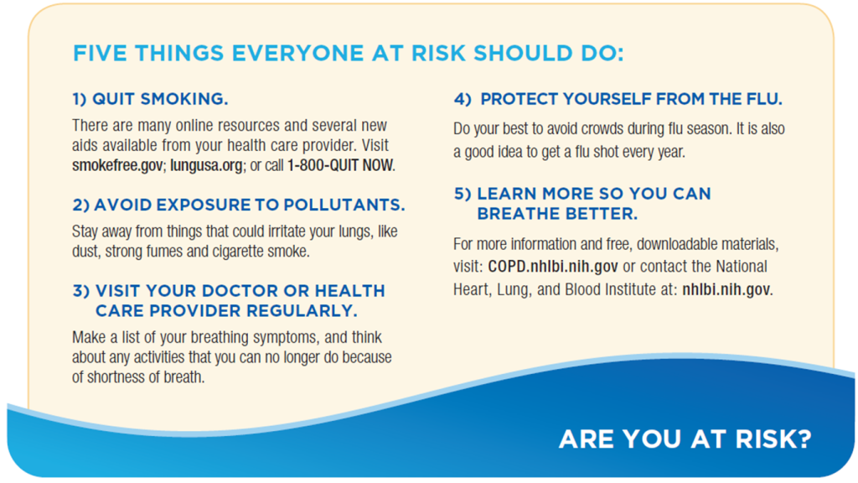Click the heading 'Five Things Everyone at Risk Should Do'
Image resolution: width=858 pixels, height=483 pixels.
click(349, 54)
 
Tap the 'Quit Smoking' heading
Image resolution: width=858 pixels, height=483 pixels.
click(150, 99)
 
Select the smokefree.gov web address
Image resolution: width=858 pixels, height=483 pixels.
click(117, 165)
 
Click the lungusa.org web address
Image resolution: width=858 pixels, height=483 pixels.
click(206, 165)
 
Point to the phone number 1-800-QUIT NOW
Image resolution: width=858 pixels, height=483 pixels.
click(340, 165)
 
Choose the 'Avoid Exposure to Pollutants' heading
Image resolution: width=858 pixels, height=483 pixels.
click(239, 205)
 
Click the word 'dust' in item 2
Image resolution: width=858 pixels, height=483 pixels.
click(85, 252)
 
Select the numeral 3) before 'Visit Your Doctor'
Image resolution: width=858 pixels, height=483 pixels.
click(81, 291)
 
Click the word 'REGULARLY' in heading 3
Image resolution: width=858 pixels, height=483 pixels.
click(302, 310)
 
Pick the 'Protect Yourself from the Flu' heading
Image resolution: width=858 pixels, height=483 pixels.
click(618, 99)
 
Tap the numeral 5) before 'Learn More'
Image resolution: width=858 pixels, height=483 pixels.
click(463, 194)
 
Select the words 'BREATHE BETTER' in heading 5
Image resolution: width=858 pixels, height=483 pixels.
click(557, 214)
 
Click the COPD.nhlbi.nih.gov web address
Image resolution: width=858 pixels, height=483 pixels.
click(553, 267)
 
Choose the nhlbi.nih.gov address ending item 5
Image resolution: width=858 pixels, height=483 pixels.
click(726, 289)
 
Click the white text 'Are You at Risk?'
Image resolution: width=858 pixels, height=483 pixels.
click(685, 439)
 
